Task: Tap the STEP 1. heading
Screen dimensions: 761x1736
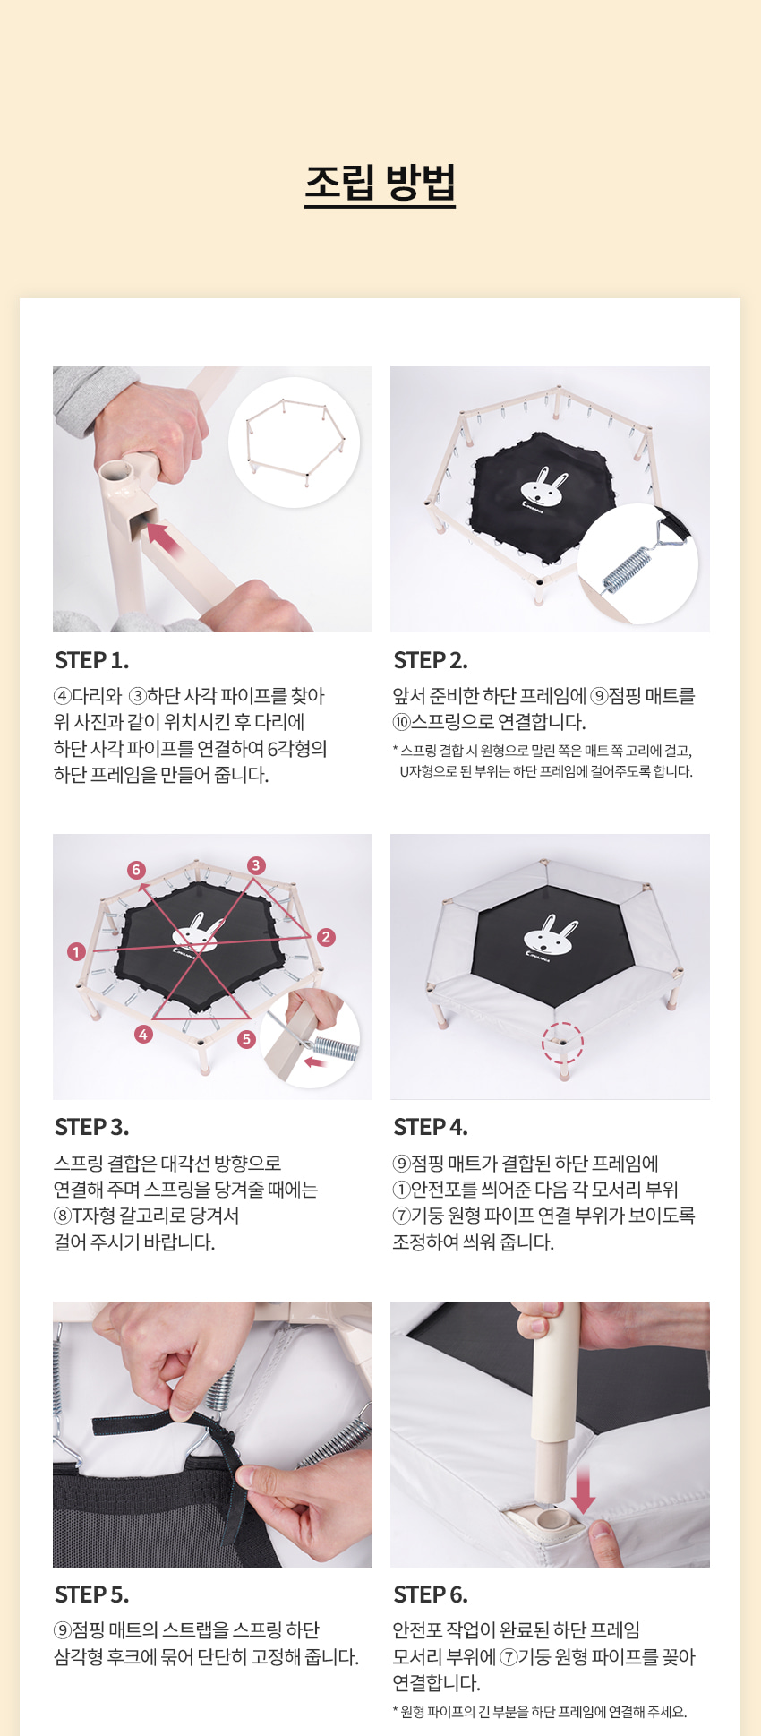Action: click(91, 660)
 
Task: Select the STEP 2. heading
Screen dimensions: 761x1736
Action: click(431, 660)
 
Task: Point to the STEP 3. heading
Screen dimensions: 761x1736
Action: click(91, 1127)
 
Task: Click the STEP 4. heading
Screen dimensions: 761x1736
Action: click(431, 1127)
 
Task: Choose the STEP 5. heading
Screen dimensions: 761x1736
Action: click(91, 1594)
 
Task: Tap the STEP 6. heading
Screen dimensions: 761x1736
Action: click(431, 1594)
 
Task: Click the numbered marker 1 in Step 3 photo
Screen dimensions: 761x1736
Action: click(76, 951)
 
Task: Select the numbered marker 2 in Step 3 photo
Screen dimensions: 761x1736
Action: click(326, 937)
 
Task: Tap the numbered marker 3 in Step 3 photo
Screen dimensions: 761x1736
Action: click(256, 865)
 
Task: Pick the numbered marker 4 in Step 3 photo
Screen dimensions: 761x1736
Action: click(143, 1035)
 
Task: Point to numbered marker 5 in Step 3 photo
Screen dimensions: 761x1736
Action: click(246, 1039)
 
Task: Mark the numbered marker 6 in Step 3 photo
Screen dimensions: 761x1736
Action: click(136, 870)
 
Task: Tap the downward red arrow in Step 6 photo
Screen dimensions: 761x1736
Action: click(584, 1490)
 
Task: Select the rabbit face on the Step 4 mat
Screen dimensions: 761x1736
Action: click(550, 936)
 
